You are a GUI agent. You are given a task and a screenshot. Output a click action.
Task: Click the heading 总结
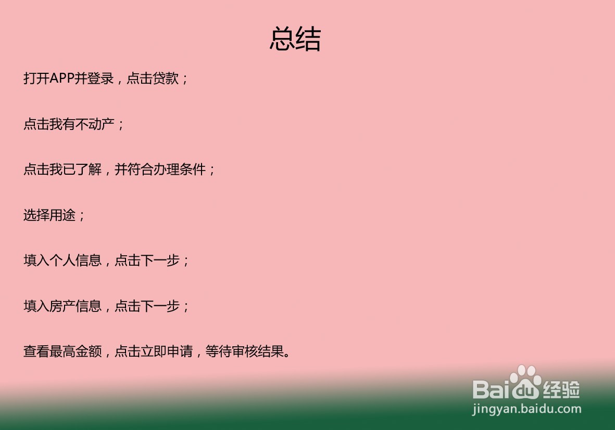pyautogui.click(x=295, y=39)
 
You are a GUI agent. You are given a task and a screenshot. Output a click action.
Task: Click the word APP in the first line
pyautogui.click(x=62, y=79)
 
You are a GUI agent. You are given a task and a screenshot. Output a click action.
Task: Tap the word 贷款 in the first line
pyautogui.click(x=166, y=79)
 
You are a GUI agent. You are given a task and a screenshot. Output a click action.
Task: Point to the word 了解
pyautogui.click(x=89, y=170)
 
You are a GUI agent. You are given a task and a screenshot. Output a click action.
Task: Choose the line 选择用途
pyautogui.click(x=49, y=215)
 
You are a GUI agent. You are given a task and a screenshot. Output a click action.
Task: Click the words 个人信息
pyautogui.click(x=76, y=260)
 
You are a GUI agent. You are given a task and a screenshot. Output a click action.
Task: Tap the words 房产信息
pyautogui.click(x=76, y=306)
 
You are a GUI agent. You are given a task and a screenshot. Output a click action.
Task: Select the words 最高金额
pyautogui.click(x=76, y=351)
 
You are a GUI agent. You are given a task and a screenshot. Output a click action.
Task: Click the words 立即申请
pyautogui.click(x=167, y=351)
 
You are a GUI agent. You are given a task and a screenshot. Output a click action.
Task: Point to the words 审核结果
pyautogui.click(x=258, y=351)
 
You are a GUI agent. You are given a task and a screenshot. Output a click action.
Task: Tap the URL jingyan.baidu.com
pyautogui.click(x=527, y=409)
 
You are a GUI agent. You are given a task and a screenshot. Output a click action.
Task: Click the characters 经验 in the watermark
pyautogui.click(x=561, y=389)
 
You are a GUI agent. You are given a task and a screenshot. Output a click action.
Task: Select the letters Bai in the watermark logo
pyautogui.click(x=493, y=389)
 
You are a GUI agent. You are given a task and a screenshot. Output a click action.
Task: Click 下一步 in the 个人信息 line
pyautogui.click(x=160, y=260)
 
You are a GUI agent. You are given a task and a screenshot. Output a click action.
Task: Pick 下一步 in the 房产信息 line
pyautogui.click(x=160, y=306)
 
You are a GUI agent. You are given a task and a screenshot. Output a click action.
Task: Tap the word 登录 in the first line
pyautogui.click(x=101, y=79)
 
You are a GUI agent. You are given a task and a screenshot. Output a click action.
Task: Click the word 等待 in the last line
pyautogui.click(x=219, y=351)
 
